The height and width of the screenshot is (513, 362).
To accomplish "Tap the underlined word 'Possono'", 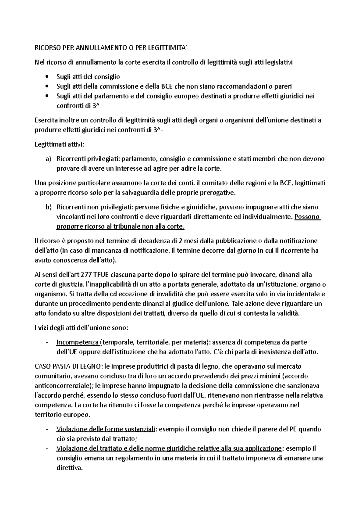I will point(307,217).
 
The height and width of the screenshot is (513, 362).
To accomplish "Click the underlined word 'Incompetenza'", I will point(77,342).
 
